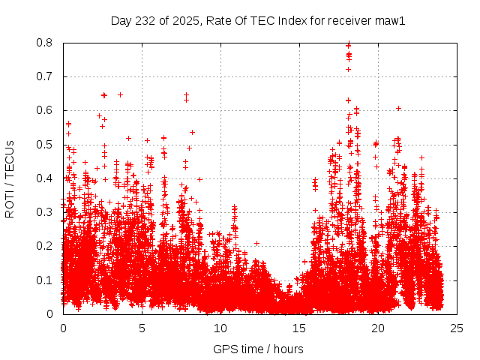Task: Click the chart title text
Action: tap(257, 21)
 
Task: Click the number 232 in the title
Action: tap(149, 21)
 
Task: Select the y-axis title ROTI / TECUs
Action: tap(10, 178)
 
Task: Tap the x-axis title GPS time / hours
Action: tap(258, 349)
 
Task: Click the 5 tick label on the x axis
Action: tap(142, 328)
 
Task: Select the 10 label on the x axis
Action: tap(220, 328)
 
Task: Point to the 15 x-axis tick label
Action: tap(299, 328)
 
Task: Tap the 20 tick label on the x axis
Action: tap(378, 328)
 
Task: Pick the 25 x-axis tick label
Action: tap(457, 328)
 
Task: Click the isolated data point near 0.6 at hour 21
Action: tap(398, 108)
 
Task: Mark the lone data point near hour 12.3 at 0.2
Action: tap(256, 243)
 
